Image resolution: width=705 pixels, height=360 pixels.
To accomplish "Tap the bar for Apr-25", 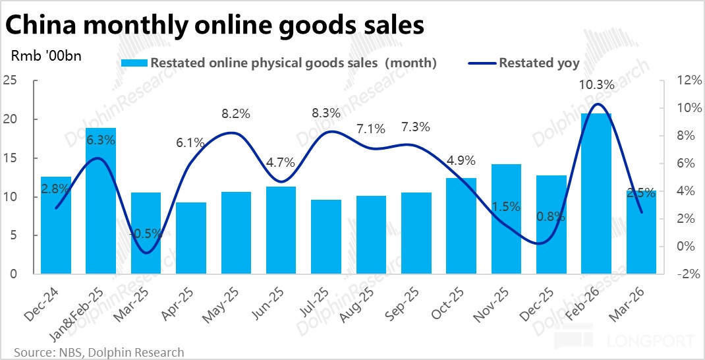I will tap(191, 238).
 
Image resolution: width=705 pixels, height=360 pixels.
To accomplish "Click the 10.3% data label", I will tap(597, 85).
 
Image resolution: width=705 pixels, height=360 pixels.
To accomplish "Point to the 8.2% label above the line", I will tap(236, 113).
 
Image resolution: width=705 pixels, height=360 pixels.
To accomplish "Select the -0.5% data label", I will tap(146, 233).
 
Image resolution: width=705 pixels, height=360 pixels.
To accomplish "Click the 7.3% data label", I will tap(416, 127).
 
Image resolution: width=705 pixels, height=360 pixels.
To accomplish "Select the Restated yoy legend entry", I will tap(539, 63).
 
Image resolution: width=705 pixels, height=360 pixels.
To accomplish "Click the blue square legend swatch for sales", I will tap(135, 63).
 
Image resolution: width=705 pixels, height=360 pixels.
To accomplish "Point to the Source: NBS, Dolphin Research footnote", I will tap(98, 352).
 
